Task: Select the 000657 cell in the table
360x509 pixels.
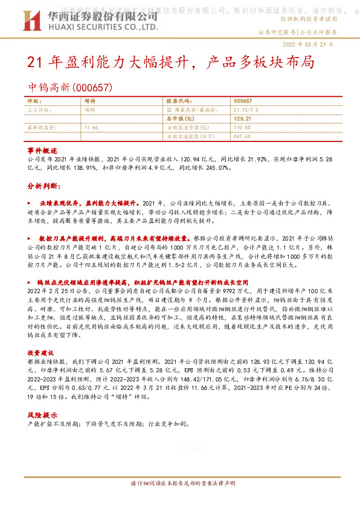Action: point(242,101)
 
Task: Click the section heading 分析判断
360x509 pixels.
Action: point(42,187)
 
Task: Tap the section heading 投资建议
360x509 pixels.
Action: point(42,352)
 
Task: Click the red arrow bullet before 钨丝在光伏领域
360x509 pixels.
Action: point(30,282)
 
